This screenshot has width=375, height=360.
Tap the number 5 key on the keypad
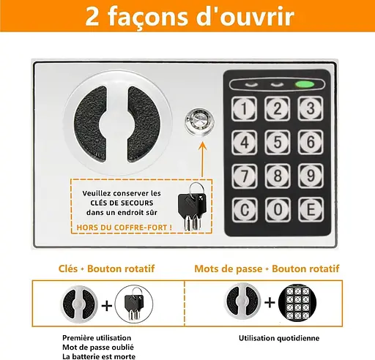point(278,142)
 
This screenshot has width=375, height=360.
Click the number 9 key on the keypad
point(311,176)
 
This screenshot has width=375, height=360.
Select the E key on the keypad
point(311,209)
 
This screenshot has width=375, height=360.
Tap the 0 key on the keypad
point(278,209)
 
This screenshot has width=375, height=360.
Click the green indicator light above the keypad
point(305,84)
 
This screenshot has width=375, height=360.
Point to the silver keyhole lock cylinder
point(200,122)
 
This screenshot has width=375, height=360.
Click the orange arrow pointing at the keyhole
point(202,160)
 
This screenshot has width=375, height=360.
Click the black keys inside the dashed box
point(193,206)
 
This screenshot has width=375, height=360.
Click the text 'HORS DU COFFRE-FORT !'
point(125,228)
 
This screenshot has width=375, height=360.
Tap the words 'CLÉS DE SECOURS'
point(122,203)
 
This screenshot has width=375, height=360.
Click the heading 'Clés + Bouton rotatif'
point(106,269)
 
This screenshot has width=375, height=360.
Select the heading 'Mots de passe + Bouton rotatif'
point(267,269)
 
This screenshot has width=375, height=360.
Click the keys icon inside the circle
point(134,304)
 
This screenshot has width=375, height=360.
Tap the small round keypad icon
point(297,303)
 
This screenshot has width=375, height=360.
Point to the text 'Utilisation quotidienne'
point(279,338)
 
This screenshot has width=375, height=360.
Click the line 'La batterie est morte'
point(99,356)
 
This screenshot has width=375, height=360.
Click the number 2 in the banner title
point(92,17)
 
